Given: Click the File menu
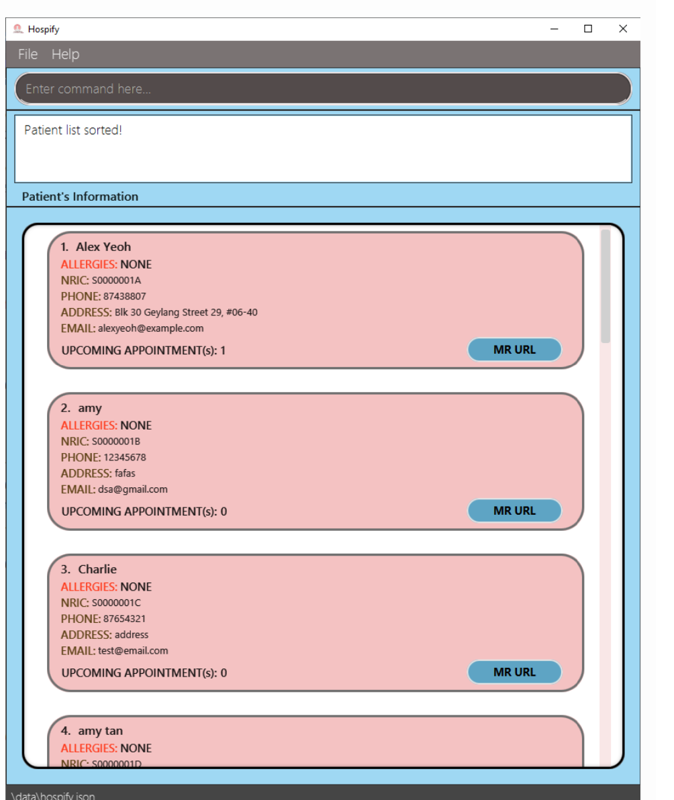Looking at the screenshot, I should coord(28,54).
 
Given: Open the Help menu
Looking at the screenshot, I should coord(65,54).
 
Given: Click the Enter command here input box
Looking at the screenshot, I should coord(322,89).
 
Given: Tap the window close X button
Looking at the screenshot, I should coord(623,29).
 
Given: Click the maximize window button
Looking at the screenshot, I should coord(588,29).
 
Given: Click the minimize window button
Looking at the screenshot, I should coord(555,29).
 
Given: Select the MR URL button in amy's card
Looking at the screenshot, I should coord(514,511).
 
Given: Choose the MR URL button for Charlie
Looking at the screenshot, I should coord(514,672).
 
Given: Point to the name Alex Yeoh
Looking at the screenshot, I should coord(103,246).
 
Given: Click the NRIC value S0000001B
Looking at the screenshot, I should coord(115,442).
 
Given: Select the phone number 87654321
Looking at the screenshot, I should coord(124,619).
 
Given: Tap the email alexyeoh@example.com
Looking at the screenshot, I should coord(150,329).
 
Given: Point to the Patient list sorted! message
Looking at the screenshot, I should coord(73,130).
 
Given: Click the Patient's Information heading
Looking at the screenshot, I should coord(80,197).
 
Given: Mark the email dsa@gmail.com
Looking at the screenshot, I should coord(132,490).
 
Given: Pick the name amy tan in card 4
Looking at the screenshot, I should coord(100,731).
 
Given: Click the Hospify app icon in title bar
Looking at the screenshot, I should coord(18,29).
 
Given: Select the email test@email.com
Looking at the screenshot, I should coord(133,651).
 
